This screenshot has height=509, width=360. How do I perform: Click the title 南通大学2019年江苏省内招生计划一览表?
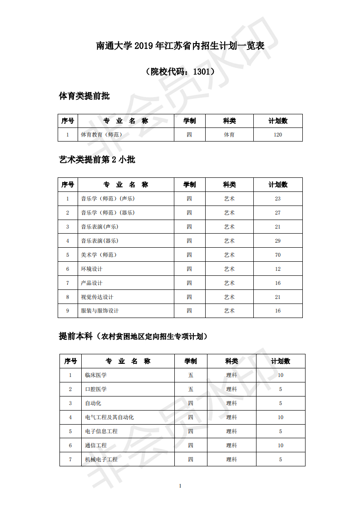point(180,46)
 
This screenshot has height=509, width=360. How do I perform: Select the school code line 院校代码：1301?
point(180,71)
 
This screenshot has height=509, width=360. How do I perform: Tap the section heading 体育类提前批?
point(84,96)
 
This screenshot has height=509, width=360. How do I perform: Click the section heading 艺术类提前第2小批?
point(97,160)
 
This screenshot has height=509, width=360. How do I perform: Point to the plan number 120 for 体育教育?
point(278,135)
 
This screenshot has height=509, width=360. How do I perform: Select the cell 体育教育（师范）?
point(101,135)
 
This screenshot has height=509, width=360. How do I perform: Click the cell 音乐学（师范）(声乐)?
point(108,199)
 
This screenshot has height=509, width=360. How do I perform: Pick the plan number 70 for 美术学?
point(278,255)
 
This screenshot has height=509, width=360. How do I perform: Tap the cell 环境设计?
point(92,269)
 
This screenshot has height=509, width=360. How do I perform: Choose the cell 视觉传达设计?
point(97,297)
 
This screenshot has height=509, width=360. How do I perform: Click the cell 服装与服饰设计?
point(100,311)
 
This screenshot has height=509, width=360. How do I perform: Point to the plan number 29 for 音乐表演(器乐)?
point(278,241)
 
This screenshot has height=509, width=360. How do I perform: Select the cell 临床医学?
point(96,375)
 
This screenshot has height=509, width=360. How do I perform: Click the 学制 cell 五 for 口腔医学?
point(191,389)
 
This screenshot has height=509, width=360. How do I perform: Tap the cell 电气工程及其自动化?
point(109,417)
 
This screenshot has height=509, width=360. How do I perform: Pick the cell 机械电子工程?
point(101,460)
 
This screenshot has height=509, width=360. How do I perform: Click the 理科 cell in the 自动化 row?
point(232,403)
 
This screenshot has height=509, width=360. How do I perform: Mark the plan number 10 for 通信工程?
point(281,445)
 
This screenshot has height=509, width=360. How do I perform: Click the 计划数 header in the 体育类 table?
point(278,121)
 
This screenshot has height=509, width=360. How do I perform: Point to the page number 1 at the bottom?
point(180,486)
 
